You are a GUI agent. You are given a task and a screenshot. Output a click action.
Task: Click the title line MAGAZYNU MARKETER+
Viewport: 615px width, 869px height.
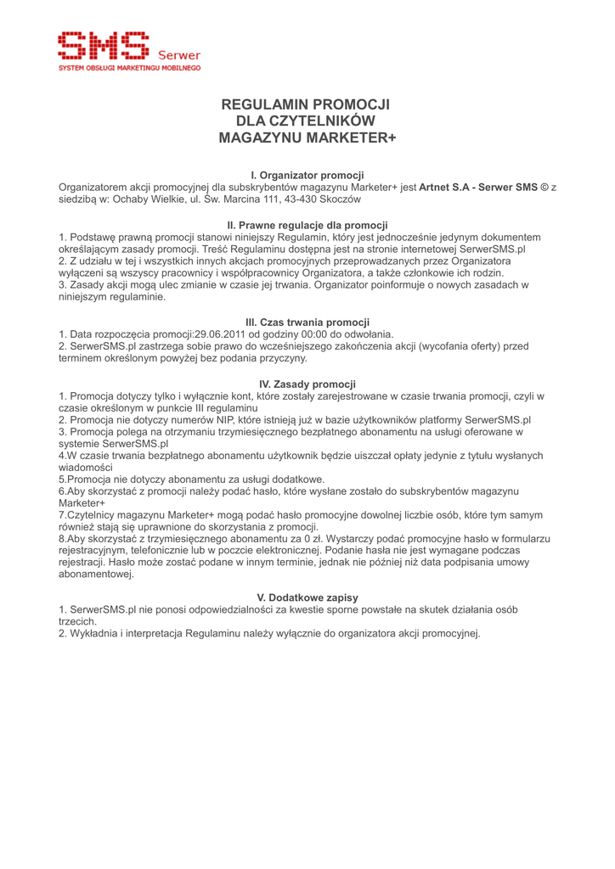(x=307, y=137)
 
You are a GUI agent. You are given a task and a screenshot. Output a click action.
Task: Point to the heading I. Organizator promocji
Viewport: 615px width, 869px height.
(x=307, y=175)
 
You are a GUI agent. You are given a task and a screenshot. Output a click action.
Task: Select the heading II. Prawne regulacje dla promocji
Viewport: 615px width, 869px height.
(x=307, y=225)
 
